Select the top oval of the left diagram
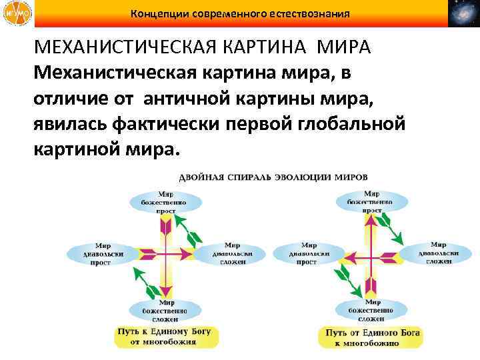[166, 201]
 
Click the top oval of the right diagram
[368, 201]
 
